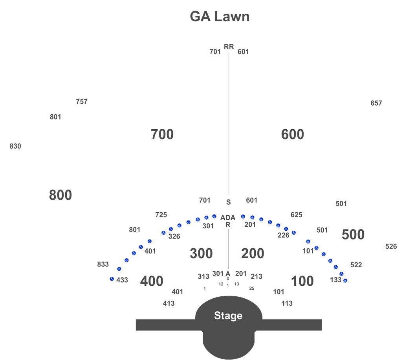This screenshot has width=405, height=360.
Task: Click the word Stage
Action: pyautogui.click(x=228, y=316)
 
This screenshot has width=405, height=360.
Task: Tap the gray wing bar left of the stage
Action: pyautogui.click(x=165, y=325)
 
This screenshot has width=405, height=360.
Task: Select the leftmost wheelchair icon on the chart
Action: pyautogui.click(x=112, y=279)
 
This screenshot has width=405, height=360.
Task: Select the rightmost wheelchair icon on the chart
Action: pyautogui.click(x=345, y=280)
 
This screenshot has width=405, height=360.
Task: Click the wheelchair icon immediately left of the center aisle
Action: pyautogui.click(x=214, y=216)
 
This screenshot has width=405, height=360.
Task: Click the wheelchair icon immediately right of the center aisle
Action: pyautogui.click(x=243, y=216)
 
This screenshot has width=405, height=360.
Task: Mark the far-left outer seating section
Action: pyautogui.click(x=59, y=189)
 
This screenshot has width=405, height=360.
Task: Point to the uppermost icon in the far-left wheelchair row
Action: pyautogui.click(x=150, y=241)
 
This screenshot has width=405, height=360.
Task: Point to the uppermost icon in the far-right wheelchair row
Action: pyautogui.click(x=308, y=241)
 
